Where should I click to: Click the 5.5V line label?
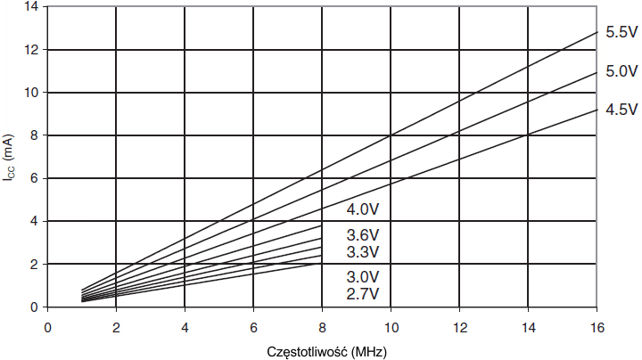click(621, 32)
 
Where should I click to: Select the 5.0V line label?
click(621, 71)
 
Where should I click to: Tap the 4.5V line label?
click(621, 110)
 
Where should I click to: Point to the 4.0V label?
click(363, 210)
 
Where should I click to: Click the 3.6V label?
click(363, 235)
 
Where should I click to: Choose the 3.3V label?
click(363, 252)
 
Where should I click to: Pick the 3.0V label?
click(363, 276)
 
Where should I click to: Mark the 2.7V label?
click(363, 293)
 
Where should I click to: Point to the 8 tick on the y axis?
click(34, 135)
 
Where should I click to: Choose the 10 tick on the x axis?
click(391, 326)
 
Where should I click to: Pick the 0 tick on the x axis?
click(47, 326)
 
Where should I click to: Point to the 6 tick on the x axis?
click(253, 326)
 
